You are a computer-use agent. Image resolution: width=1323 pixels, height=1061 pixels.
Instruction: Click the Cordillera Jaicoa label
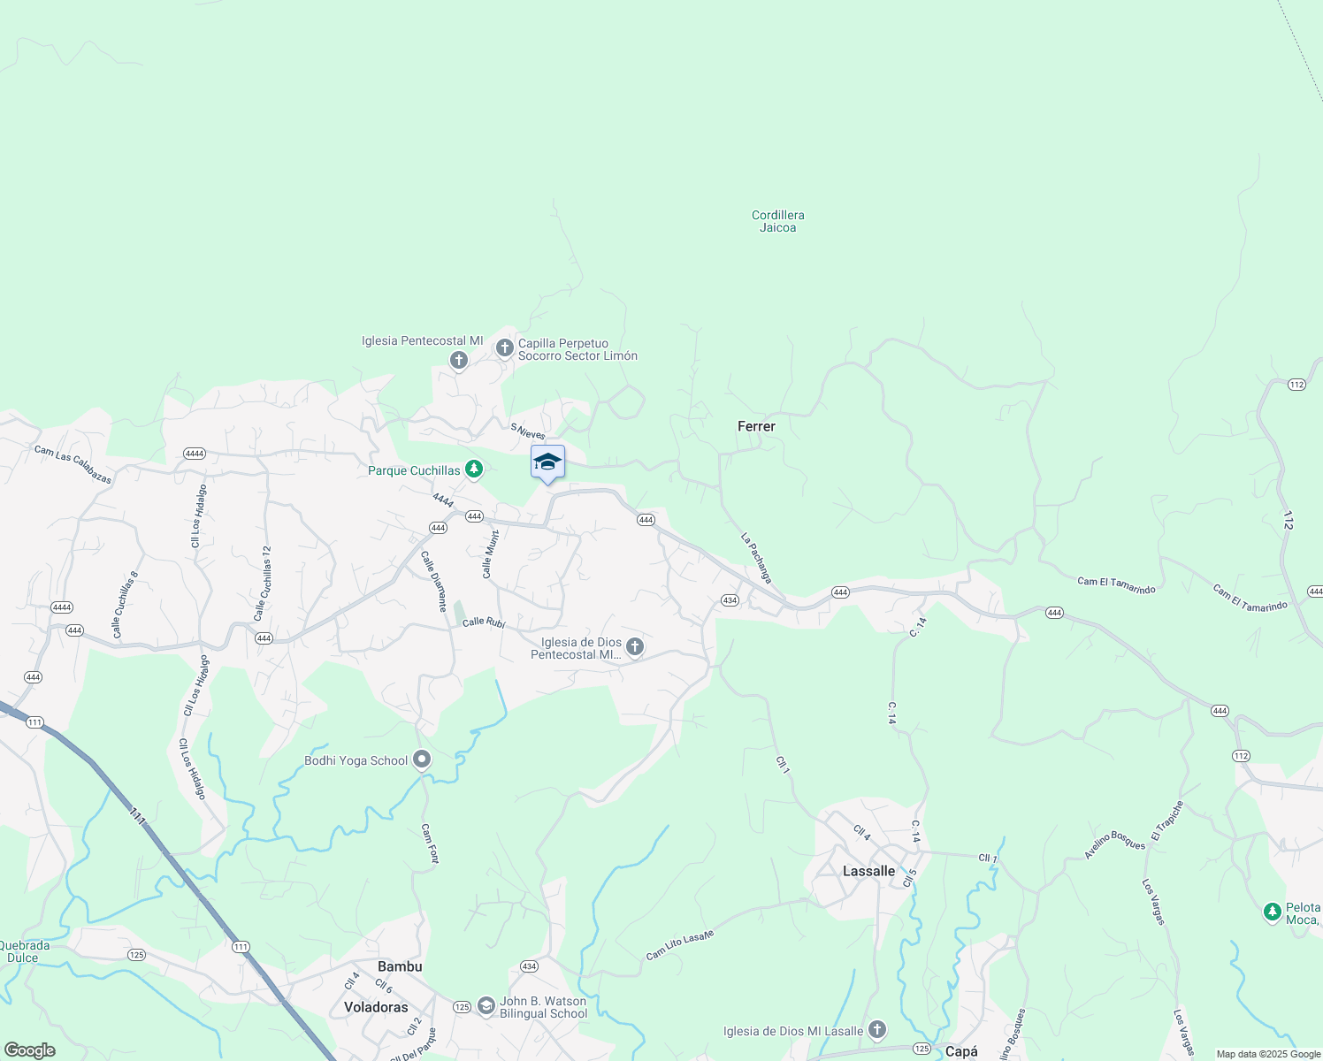(777, 221)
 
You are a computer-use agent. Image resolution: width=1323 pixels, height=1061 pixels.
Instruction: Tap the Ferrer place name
(756, 426)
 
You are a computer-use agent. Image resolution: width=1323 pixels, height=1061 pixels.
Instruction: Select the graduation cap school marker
(547, 462)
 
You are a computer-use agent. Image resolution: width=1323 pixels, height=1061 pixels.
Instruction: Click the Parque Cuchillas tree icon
(474, 469)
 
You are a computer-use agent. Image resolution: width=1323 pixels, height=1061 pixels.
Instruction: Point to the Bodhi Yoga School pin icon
(422, 759)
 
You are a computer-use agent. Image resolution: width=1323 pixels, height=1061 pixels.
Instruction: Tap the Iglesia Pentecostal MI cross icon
(458, 360)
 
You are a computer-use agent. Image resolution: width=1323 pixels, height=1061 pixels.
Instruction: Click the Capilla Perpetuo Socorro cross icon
(504, 348)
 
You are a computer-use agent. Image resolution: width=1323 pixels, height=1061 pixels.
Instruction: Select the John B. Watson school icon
(486, 1006)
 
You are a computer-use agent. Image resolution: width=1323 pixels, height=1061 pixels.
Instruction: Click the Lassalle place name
(868, 871)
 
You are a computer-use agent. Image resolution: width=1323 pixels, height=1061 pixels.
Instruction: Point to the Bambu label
(400, 966)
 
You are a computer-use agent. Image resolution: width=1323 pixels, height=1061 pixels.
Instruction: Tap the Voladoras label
(376, 1007)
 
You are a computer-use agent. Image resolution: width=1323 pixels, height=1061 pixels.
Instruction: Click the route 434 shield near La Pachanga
(729, 600)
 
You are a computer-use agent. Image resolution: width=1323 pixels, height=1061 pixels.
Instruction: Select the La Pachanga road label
(756, 558)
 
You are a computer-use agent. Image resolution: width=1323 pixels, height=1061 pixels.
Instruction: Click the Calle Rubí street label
(484, 622)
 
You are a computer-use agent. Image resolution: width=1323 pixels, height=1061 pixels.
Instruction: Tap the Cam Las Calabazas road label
(73, 464)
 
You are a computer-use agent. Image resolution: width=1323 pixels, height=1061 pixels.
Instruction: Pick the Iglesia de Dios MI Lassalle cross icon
(876, 1029)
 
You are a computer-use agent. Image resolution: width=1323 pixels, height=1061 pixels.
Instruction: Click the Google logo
(30, 1050)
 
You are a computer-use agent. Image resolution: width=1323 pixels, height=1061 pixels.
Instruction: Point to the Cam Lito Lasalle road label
(679, 945)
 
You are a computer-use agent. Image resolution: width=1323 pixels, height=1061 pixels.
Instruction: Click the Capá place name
(961, 1051)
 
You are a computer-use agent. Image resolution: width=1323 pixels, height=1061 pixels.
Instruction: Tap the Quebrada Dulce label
(24, 951)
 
